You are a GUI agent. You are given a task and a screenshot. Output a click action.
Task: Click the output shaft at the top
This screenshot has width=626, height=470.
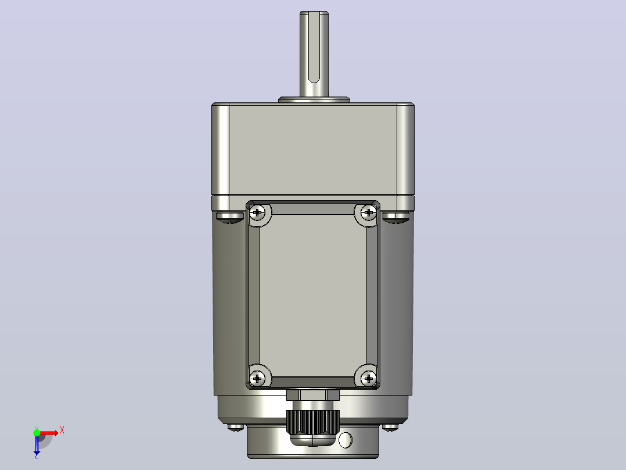(314, 54)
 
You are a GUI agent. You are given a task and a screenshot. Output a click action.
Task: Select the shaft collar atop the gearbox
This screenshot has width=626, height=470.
(314, 99)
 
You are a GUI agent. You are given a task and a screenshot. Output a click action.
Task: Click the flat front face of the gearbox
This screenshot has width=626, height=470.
(313, 150)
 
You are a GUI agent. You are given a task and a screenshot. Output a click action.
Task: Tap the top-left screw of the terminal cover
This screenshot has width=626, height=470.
(257, 212)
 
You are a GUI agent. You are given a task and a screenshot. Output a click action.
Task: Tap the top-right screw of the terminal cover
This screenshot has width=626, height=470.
(369, 212)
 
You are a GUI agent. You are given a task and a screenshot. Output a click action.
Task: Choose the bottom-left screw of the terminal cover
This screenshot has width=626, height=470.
(257, 378)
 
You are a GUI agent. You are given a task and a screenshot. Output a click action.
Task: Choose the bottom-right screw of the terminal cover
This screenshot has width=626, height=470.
(369, 378)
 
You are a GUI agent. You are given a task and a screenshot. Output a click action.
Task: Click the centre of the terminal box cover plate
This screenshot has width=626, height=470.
(313, 295)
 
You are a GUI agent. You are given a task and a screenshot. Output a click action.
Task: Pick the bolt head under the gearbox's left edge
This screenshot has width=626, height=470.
(230, 217)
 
